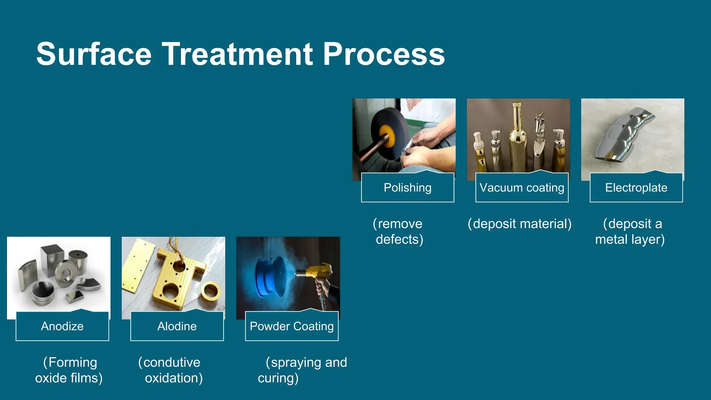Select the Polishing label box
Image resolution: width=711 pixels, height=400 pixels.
click(408, 187)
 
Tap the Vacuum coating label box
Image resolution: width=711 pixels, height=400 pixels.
click(522, 187)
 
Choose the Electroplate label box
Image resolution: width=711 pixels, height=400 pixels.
click(636, 187)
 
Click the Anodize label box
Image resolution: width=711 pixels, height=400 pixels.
click(62, 326)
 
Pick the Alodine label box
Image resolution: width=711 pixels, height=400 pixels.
click(177, 326)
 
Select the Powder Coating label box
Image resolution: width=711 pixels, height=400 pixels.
click(292, 326)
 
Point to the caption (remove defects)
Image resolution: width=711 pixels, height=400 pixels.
click(398, 231)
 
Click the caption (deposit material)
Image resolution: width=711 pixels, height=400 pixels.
click(520, 224)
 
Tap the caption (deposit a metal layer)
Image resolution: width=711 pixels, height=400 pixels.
click(630, 231)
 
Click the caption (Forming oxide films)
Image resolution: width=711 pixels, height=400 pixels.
click(69, 370)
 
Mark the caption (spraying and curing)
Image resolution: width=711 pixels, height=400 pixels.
click(303, 370)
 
